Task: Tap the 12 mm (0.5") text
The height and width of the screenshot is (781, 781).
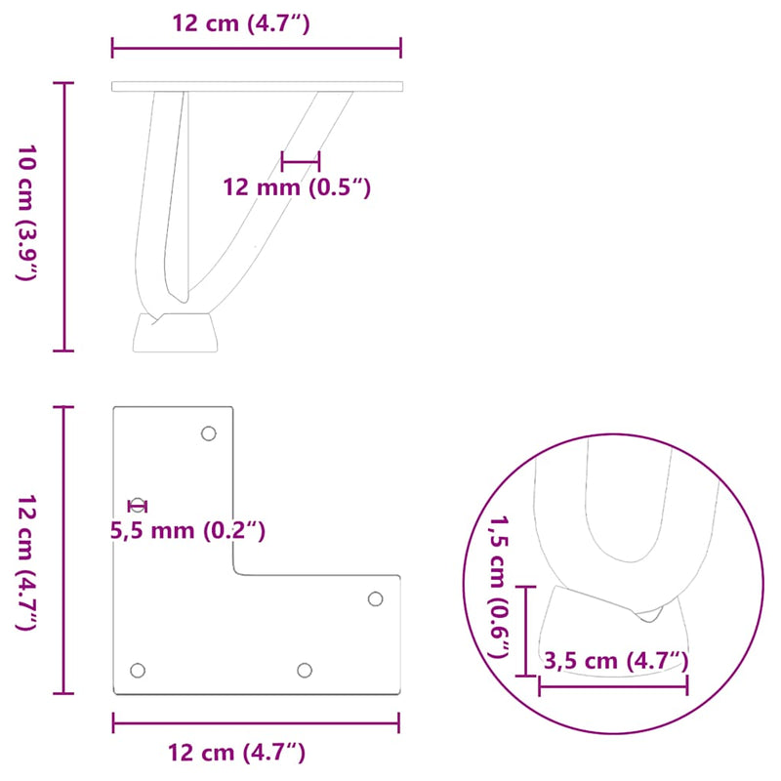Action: coord(297,187)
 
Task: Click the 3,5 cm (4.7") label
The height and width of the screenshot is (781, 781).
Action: coord(615,661)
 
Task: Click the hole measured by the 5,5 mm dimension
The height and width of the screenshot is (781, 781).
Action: coord(139,505)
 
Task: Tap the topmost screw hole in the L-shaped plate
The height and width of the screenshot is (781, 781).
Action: coord(208,433)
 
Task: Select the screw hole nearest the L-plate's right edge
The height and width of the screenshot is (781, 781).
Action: coord(375,597)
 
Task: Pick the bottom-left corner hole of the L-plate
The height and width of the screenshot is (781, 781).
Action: coord(138,670)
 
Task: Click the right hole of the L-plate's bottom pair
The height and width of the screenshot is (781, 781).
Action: coord(305,670)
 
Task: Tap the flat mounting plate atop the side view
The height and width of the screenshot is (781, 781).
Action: coord(257,87)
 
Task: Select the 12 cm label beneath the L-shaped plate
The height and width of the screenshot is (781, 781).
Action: coord(237,752)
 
